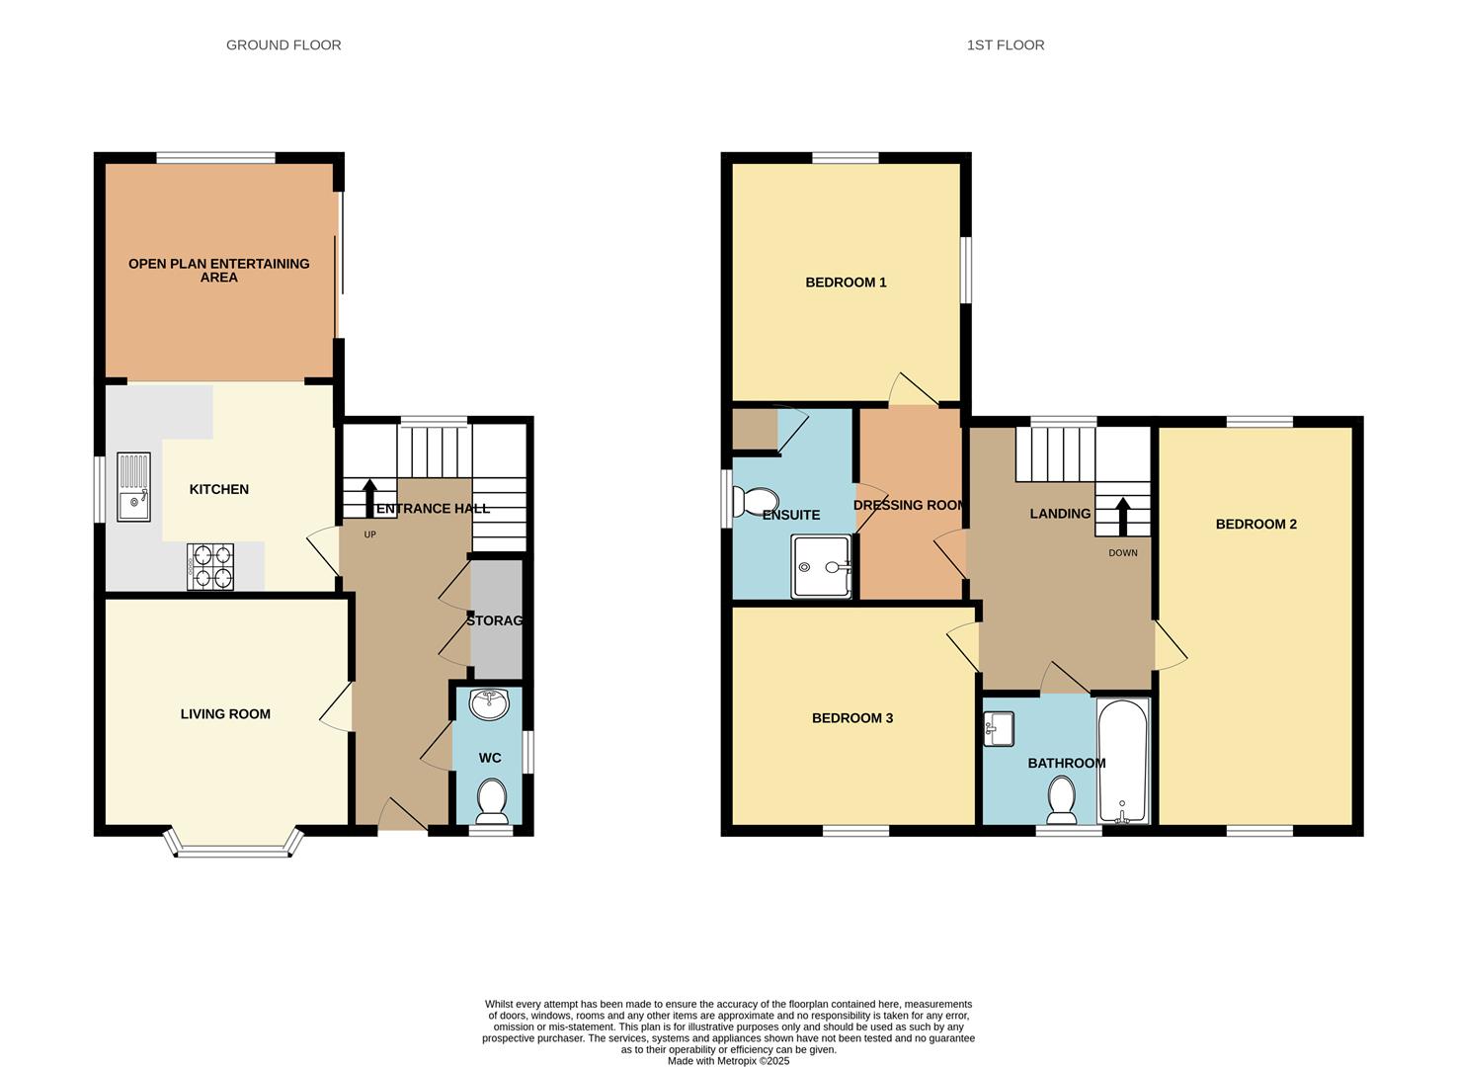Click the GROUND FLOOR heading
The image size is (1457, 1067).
[x=283, y=44]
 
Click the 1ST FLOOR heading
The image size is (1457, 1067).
[x=1005, y=44]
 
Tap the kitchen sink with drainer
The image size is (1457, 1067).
[x=133, y=486]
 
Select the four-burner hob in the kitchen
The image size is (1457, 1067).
[x=210, y=567]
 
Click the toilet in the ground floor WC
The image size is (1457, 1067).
[x=491, y=799]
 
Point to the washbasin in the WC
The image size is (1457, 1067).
[x=490, y=704]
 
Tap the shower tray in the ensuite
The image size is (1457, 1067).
[x=821, y=567]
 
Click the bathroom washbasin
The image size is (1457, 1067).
[x=999, y=729]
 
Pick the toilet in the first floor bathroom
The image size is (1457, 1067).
[x=1062, y=799]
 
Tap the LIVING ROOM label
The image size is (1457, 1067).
[x=225, y=714]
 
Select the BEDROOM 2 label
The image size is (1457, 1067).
[x=1255, y=524]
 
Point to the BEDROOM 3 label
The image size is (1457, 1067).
[x=851, y=718]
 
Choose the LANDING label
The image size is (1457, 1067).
[x=1060, y=514]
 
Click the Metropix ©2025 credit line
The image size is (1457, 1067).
[x=728, y=1061]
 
